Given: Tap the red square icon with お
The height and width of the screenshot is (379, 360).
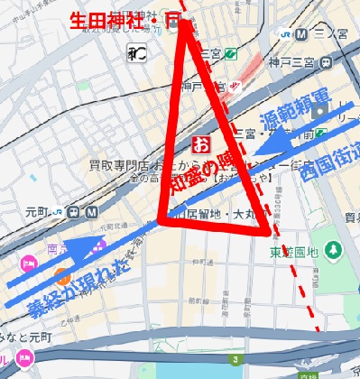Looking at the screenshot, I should tap(200, 143).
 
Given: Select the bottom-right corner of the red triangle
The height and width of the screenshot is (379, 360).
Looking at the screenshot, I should tap(269, 233).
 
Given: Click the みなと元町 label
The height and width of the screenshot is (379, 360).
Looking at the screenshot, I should tap(27, 337).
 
